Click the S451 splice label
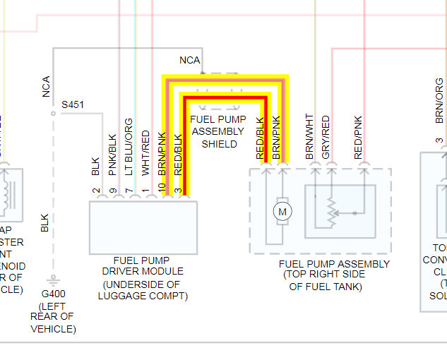click(x=73, y=104)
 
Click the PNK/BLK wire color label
click(x=112, y=155)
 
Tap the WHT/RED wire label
click(x=146, y=152)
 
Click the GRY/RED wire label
click(x=326, y=136)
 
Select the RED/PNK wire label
click(x=359, y=136)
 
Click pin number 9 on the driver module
click(x=112, y=191)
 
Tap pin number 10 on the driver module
click(x=163, y=188)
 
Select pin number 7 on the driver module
click(x=129, y=191)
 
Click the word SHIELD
click(x=220, y=144)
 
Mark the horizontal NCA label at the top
click(x=190, y=60)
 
